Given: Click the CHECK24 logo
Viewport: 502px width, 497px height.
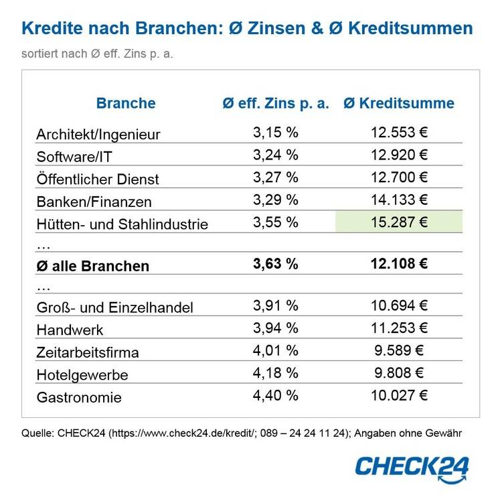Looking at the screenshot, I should point(412,466).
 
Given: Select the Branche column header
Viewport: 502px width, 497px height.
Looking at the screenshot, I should point(126,103).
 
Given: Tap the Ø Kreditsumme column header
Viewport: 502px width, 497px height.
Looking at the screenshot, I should point(399,103).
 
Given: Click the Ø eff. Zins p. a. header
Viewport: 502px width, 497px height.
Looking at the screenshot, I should point(276,103).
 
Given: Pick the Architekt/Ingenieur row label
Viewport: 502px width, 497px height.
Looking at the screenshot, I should point(98,135).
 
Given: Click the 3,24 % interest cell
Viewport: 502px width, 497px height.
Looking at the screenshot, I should point(276,155).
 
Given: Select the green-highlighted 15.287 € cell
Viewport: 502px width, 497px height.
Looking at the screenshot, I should point(399,222).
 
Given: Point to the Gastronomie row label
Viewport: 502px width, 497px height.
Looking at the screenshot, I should point(80,397).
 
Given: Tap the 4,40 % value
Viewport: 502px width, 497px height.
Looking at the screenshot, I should point(276,395).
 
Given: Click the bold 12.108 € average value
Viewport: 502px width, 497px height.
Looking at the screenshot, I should point(399,265).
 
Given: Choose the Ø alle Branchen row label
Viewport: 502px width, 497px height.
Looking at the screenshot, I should point(93,266).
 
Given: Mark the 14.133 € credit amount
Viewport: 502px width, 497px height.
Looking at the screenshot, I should point(399,200).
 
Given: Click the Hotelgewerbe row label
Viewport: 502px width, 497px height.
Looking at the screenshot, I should point(82,374).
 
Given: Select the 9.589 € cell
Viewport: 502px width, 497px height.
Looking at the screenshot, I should point(399,350).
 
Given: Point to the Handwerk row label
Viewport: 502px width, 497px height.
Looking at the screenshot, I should point(70,330).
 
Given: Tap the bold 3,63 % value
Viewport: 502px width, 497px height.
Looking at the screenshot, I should point(276,265).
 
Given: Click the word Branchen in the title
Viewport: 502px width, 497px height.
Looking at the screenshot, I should point(174,28).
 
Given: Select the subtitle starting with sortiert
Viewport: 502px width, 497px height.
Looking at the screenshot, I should point(97,54).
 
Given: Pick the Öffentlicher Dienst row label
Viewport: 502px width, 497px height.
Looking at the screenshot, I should point(98,179).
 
